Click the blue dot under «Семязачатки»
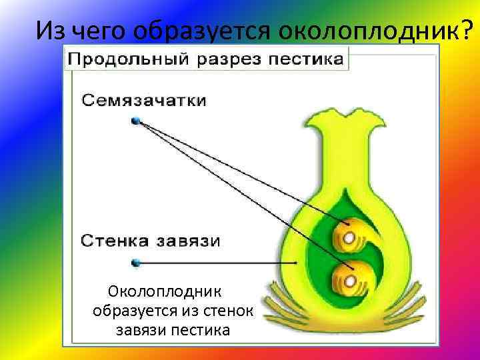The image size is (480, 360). [x=136, y=121]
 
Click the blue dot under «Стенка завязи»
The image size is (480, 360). [x=136, y=262]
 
